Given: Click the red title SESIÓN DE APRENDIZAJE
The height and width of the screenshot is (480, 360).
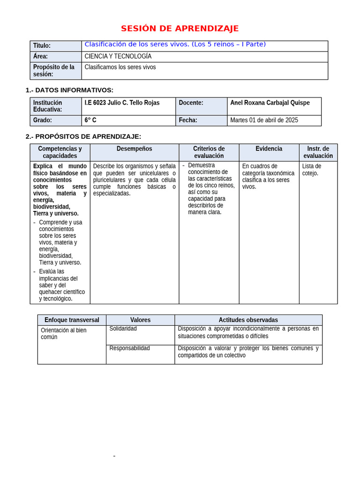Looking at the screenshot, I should coord(180,29).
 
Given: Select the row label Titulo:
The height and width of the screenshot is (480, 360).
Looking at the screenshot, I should coord(42,46).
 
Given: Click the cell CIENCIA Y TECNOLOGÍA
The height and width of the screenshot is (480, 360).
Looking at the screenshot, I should coord(118,56).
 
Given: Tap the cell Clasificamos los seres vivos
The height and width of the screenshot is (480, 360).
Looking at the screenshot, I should coord(120,67).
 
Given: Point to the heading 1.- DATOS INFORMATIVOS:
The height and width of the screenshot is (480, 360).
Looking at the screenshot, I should coord(69,90).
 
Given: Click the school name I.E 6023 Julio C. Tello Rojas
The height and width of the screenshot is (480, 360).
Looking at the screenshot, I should coord(122,103).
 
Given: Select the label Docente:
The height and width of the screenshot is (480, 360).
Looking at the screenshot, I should coord(191,103).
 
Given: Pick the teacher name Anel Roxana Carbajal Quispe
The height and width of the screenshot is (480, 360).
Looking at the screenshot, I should coord(270,103).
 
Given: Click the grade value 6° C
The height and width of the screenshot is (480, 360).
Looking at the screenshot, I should coord(90,120).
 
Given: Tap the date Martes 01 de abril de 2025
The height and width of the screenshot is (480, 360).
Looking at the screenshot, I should coord(264,120).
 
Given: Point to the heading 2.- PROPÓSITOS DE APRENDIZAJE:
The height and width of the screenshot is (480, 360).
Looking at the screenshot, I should coord(83,136).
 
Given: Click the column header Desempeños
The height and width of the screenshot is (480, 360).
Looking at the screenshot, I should coord(134,149).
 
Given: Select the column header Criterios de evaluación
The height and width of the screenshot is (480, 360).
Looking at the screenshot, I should coord(209,152).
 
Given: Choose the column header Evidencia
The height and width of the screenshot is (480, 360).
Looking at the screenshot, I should coord(269,149).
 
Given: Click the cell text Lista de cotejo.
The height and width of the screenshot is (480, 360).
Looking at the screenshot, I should coord(311,170).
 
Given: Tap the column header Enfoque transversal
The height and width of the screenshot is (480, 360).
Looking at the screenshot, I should coord(72,320).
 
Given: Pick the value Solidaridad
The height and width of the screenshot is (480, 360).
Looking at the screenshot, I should coord(123,329).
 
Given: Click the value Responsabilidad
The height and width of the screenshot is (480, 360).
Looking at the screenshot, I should coord(129,348).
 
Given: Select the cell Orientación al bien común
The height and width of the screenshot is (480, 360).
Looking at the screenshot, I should coord(63,333).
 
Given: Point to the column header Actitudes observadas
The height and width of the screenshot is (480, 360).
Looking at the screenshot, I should coord(248,320).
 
